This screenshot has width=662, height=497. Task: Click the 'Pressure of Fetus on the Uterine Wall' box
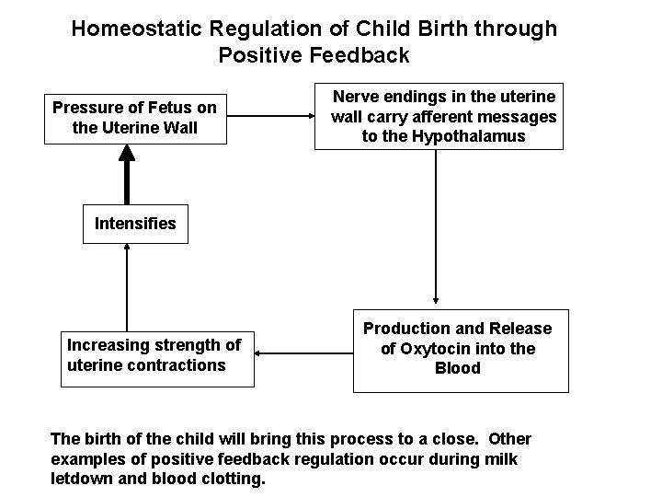(134, 118)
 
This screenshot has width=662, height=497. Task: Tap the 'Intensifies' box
(135, 223)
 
